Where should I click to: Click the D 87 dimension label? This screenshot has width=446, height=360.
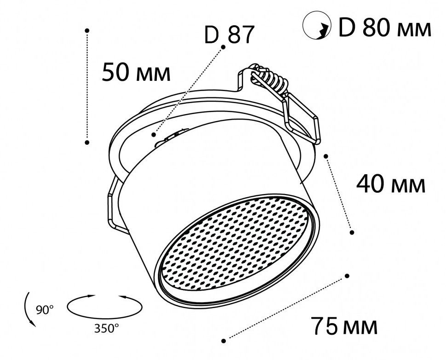[229, 35]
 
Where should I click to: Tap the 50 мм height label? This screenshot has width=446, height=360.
[136, 73]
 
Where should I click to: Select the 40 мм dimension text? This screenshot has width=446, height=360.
[391, 185]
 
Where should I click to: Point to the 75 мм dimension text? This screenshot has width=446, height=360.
[344, 326]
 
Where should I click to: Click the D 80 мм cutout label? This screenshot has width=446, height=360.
[384, 29]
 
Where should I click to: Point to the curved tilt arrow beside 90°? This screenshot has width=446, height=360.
[28, 309]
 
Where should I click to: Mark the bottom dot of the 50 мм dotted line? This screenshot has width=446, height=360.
[87, 143]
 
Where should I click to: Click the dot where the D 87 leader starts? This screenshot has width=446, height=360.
[223, 47]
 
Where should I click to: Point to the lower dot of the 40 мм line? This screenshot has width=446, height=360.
[352, 233]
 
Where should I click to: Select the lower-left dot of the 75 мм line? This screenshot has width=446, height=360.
[223, 341]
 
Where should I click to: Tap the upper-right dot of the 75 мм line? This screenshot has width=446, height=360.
[347, 276]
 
